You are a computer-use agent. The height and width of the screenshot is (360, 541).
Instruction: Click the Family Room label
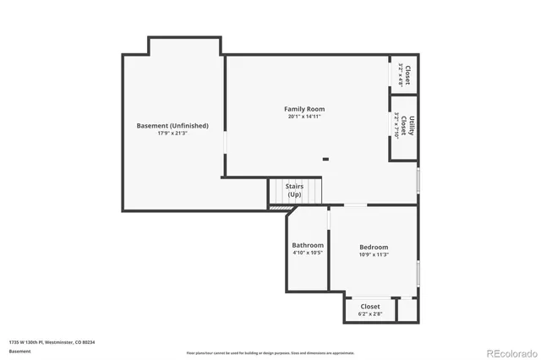[303, 109]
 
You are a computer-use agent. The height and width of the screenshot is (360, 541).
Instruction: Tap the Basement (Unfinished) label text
[172, 126]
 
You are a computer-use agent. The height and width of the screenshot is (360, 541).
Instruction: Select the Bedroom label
[373, 247]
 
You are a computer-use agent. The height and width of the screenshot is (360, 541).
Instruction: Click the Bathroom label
[308, 245]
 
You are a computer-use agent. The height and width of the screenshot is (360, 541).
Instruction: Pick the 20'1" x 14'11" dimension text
[303, 117]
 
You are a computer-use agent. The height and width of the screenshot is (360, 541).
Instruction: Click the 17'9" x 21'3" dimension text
[172, 134]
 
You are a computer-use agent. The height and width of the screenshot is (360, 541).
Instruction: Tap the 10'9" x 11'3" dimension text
[373, 254]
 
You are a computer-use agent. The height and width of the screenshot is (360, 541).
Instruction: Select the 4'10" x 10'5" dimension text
[308, 253]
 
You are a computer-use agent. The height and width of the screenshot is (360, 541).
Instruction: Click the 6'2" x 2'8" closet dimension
[370, 314]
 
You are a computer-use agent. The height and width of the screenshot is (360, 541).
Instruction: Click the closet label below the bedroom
[370, 306]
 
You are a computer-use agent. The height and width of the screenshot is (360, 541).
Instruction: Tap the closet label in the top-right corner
[407, 73]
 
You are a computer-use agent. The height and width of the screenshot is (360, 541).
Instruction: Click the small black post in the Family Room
[325, 158]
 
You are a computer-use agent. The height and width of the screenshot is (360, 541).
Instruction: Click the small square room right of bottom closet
[407, 309]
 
